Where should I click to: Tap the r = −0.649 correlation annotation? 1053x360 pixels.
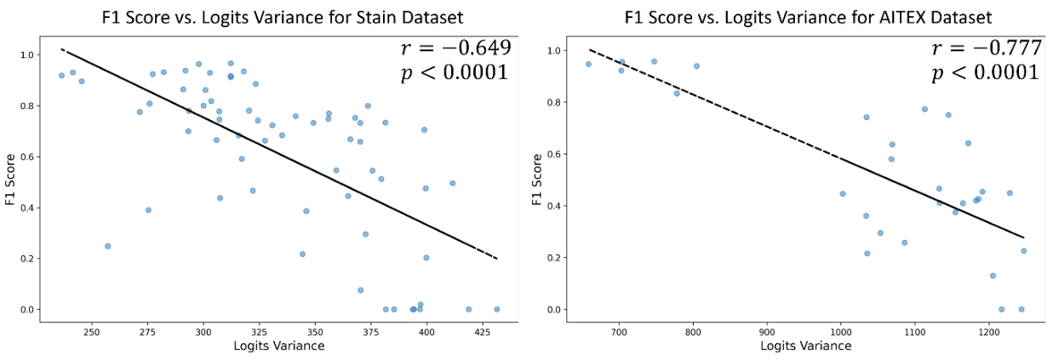tap(455, 49)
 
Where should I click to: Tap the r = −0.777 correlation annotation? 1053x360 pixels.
tap(986, 49)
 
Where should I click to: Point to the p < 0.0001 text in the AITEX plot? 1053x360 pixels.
tap(984, 74)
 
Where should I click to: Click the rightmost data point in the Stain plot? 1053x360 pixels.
tap(496, 309)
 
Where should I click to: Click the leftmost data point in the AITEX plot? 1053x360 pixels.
tap(588, 64)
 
